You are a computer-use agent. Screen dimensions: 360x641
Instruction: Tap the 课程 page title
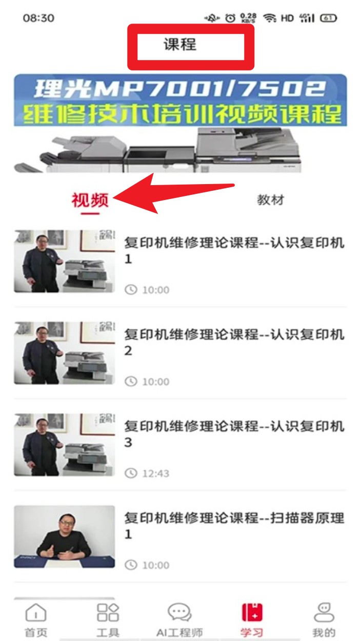coord(180,44)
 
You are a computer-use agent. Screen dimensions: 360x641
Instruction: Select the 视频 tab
coord(90,200)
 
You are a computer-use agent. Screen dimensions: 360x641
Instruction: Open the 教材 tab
coord(270,200)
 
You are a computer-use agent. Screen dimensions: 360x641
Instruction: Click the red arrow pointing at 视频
coord(174,193)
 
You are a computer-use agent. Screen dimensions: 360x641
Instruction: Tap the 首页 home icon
coord(36,612)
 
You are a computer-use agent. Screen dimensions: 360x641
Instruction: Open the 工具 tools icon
coord(108,612)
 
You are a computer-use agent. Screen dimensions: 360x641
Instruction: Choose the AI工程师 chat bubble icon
coord(179,612)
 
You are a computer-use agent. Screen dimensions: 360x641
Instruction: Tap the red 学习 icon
coord(252,612)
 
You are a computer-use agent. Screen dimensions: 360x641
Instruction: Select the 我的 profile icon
coord(324,612)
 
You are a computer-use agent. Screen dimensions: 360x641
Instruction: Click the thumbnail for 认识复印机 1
coord(65,261)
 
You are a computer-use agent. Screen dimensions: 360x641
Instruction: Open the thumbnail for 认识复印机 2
coord(65,353)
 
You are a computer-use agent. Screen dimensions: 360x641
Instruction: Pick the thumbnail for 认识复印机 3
coord(65,445)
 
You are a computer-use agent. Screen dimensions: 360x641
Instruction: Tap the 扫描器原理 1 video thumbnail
coord(65,536)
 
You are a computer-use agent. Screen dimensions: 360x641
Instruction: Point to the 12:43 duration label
coord(156,473)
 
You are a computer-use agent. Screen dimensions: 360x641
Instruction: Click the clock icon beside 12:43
coord(131,473)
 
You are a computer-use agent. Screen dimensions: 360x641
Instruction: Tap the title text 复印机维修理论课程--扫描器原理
coord(234,518)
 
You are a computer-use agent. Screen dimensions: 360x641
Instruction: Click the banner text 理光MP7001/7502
coord(180,89)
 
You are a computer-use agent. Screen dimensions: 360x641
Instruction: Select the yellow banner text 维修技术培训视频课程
coord(182,114)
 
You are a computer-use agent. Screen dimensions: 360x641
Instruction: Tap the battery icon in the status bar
coord(329,18)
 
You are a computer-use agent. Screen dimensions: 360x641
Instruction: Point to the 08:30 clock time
coord(38,18)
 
